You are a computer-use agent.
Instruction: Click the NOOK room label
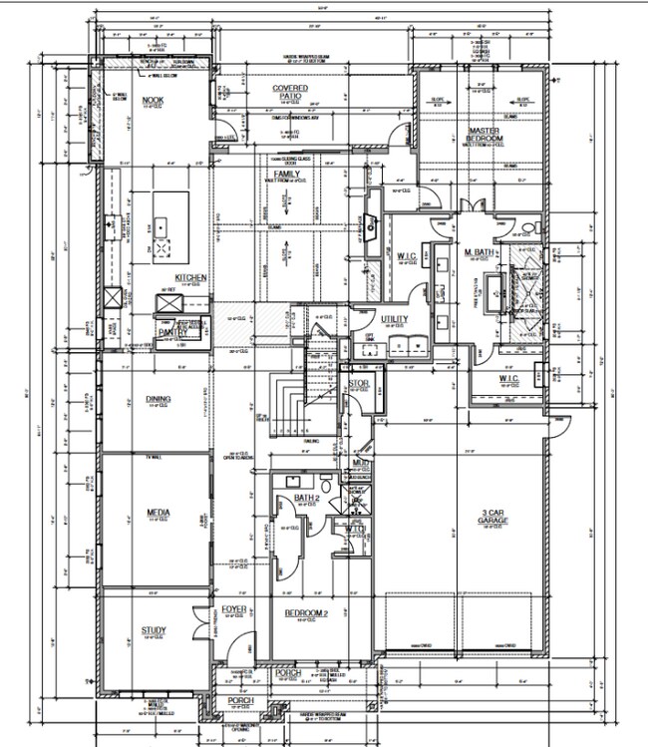click(153, 101)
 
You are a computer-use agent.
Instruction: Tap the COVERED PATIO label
click(290, 92)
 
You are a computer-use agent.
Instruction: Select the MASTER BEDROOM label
click(485, 134)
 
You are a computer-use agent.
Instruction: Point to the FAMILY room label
click(288, 176)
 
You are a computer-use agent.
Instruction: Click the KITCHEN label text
click(190, 277)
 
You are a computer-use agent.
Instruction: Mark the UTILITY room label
click(396, 319)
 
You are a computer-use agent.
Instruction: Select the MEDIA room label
click(158, 516)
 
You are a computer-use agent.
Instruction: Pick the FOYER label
click(233, 608)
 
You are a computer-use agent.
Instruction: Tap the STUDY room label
click(153, 629)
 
